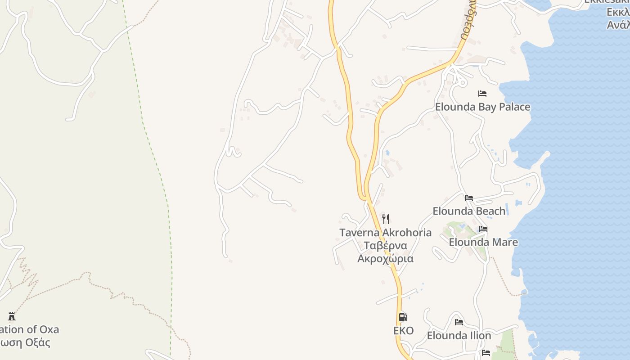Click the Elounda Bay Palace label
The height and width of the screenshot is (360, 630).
coord(482,107)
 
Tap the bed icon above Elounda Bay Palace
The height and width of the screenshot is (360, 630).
coord(482,94)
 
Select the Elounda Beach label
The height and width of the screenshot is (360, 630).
coord(469,211)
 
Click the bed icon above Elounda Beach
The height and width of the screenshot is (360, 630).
coord(469,198)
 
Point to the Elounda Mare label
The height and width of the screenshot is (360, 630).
coord(483,242)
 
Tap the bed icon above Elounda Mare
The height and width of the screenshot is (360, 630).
coord(483,229)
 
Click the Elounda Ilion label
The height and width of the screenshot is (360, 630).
coord(459,336)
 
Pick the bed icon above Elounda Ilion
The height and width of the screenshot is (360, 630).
coord(459,322)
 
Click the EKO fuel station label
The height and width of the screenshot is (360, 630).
coord(403,331)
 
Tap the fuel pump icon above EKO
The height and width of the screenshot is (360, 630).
coord(403,317)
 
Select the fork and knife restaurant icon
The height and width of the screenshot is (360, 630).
coord(386,219)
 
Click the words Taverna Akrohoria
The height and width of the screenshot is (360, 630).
coord(385,233)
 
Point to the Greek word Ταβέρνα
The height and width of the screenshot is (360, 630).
coord(385,246)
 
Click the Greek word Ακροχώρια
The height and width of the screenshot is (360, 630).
coord(385,259)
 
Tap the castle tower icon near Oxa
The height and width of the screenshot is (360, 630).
coord(12,316)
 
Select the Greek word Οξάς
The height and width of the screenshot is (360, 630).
coord(38,342)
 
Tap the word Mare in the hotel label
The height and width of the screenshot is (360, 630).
coord(506,242)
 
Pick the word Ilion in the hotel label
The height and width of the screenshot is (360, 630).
coord(480,336)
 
